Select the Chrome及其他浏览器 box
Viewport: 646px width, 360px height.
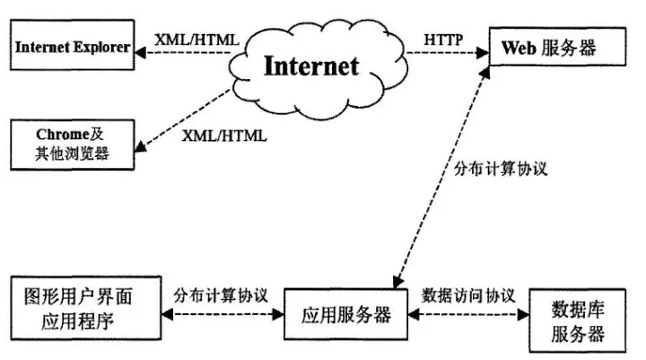(71, 144)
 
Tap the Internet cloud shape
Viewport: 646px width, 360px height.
(310, 65)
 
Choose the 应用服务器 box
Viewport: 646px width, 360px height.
(345, 315)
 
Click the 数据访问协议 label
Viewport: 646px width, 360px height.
(467, 294)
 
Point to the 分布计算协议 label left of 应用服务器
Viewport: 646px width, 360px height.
(222, 294)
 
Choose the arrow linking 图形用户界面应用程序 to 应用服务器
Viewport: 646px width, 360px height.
(222, 316)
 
